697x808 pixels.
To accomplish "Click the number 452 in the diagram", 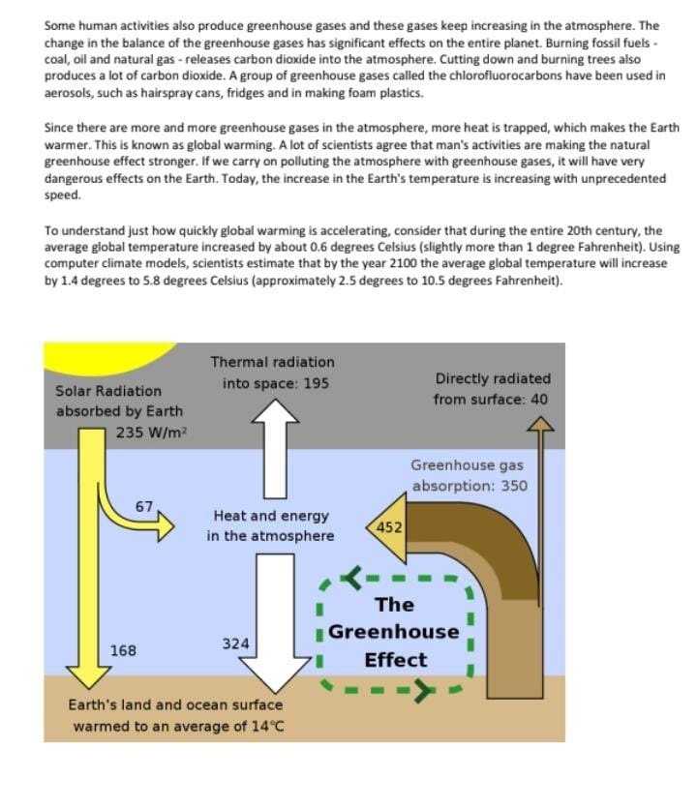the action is pyautogui.click(x=389, y=527).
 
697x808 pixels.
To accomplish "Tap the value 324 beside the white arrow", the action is pyautogui.click(x=235, y=643).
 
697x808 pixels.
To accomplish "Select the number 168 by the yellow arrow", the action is pyautogui.click(x=123, y=651).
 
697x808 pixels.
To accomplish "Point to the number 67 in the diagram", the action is pyautogui.click(x=144, y=506).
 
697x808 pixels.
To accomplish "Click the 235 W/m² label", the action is pyautogui.click(x=151, y=433).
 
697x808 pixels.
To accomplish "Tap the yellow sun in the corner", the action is pyautogui.click(x=104, y=355).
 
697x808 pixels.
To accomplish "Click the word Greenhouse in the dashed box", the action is pyautogui.click(x=394, y=632).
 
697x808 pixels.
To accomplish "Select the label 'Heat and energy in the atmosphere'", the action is pyautogui.click(x=271, y=525).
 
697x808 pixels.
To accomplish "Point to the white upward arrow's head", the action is pyautogui.click(x=276, y=410).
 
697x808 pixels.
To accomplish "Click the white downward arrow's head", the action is pyautogui.click(x=276, y=674).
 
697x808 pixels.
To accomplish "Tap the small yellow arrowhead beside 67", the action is pyautogui.click(x=166, y=526).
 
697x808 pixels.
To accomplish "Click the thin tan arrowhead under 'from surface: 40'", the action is pyautogui.click(x=540, y=424).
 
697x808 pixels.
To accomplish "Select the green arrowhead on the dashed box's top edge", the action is pyautogui.click(x=353, y=578).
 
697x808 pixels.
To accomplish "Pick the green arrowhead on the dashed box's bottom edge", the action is pyautogui.click(x=424, y=691).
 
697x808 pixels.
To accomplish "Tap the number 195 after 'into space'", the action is pyautogui.click(x=316, y=383).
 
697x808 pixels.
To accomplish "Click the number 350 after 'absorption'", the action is pyautogui.click(x=514, y=486).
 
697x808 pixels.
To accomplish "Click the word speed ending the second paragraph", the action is pyautogui.click(x=63, y=195).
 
